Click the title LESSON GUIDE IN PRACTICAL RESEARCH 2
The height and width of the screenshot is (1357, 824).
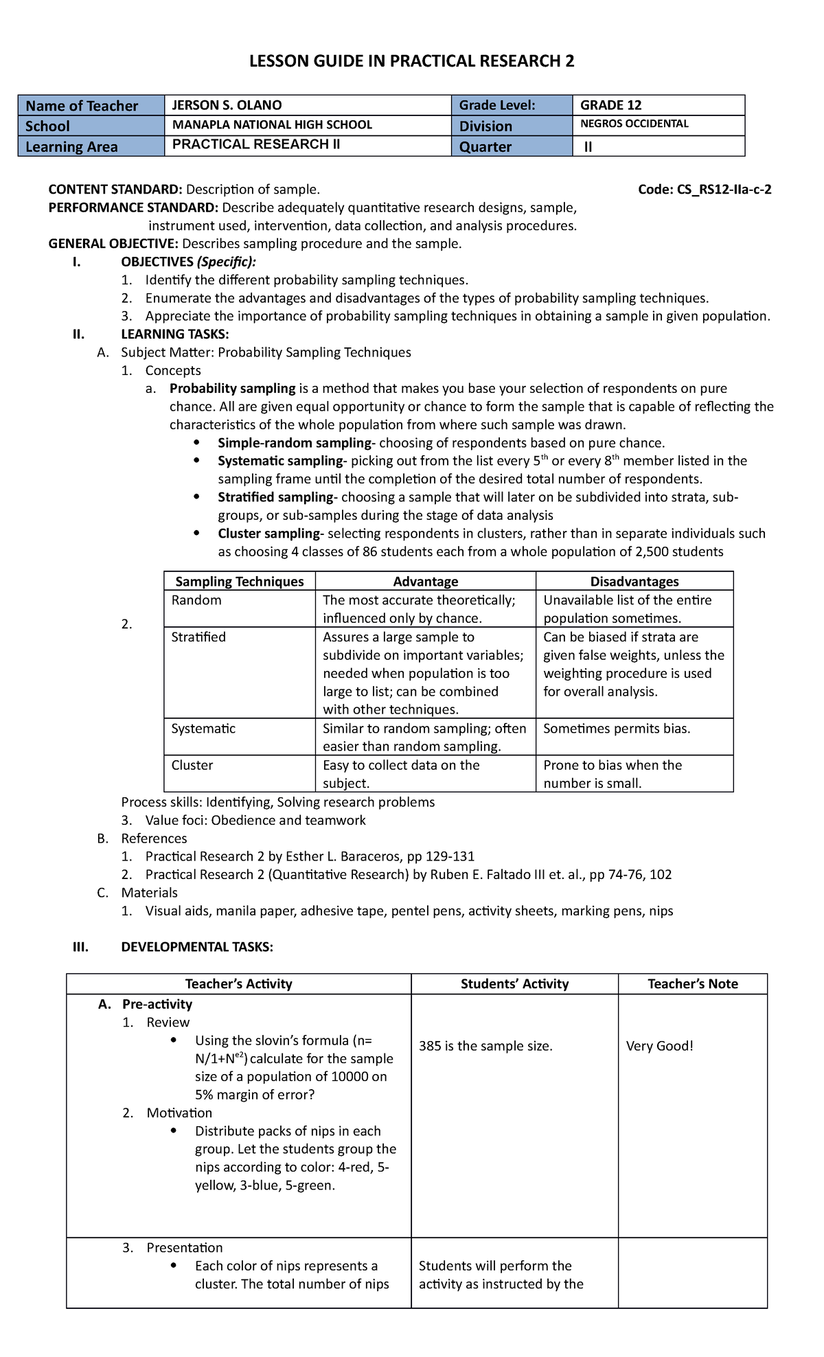(411, 61)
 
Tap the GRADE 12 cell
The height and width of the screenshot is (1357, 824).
(611, 105)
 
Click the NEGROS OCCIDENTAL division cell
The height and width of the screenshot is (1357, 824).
(634, 124)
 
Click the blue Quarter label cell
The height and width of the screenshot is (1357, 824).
(485, 146)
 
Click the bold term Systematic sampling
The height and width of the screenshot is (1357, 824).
(280, 461)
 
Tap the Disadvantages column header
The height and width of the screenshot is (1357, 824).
(634, 582)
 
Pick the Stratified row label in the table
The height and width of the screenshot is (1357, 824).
(198, 637)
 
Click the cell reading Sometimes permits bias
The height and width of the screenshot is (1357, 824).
(617, 729)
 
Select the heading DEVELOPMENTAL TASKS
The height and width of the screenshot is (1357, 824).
(197, 947)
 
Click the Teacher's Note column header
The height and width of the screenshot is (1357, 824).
(692, 983)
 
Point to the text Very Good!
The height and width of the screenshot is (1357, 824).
(660, 1046)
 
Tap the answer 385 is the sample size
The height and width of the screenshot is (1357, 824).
(485, 1046)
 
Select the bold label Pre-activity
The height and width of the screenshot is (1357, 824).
(157, 1004)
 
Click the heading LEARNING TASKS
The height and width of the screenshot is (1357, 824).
(175, 334)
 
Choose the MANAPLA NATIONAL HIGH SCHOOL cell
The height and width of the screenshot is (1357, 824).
(272, 125)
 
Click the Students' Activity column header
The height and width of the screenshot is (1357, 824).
(514, 983)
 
